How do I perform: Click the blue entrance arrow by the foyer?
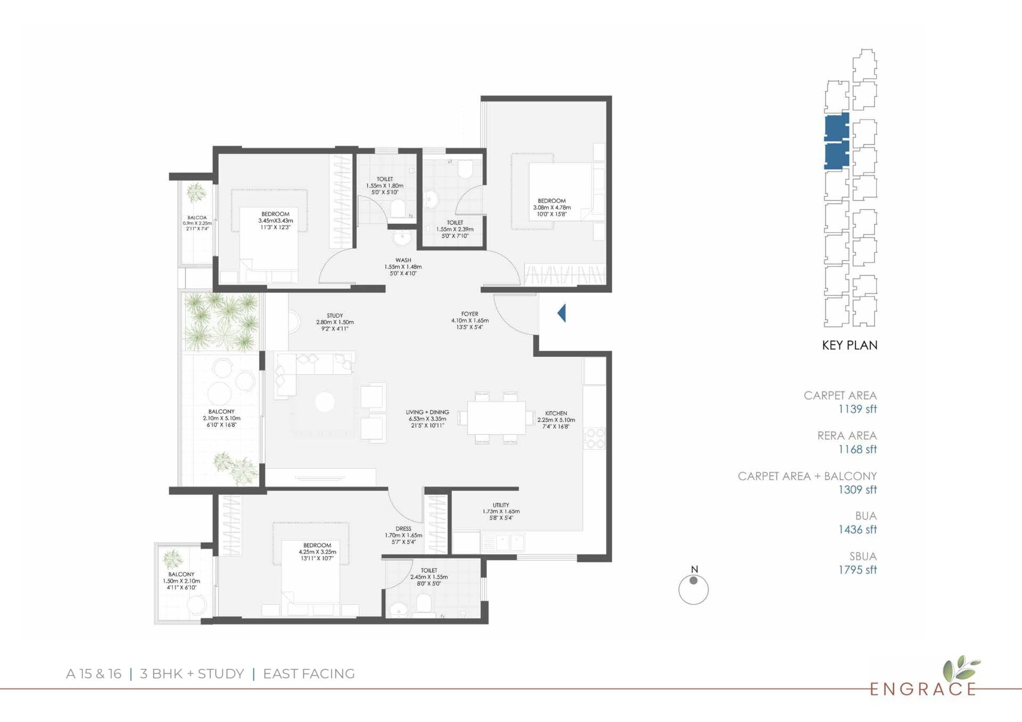(x=562, y=313)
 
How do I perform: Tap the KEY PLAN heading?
(x=850, y=345)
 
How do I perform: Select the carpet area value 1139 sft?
(x=858, y=409)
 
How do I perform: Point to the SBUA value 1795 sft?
(x=858, y=570)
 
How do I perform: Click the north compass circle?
(x=694, y=590)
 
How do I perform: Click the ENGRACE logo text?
(x=923, y=690)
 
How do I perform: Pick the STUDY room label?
(x=335, y=316)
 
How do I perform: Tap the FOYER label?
(x=469, y=314)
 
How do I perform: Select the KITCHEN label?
(x=556, y=413)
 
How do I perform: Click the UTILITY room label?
(x=501, y=505)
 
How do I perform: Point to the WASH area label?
(x=403, y=260)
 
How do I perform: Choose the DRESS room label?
(x=403, y=529)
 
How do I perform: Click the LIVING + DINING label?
(x=427, y=412)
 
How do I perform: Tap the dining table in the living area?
(x=496, y=418)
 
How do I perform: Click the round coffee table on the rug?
(x=325, y=402)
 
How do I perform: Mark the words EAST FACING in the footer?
(x=309, y=674)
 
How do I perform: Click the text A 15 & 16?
(x=94, y=674)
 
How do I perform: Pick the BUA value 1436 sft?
(x=858, y=530)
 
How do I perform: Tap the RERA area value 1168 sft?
(x=858, y=450)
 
